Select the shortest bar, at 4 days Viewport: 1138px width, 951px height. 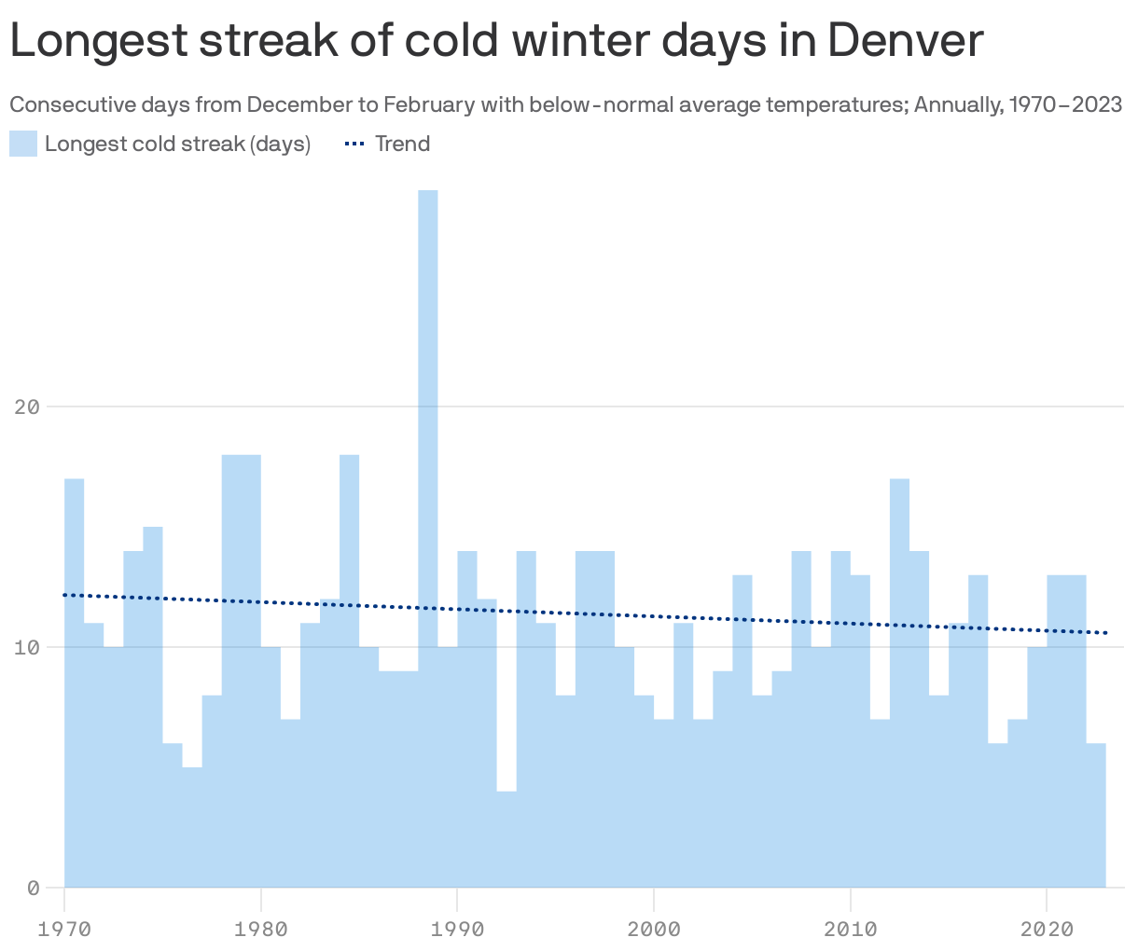click(507, 839)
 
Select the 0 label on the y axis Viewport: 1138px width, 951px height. click(33, 888)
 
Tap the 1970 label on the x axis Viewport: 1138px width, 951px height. click(64, 929)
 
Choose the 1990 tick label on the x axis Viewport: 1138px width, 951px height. click(457, 929)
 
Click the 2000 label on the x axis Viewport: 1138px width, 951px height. click(654, 929)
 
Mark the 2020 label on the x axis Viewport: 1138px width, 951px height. click(1047, 929)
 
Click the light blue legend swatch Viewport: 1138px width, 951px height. click(23, 144)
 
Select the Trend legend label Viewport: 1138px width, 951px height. click(402, 144)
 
